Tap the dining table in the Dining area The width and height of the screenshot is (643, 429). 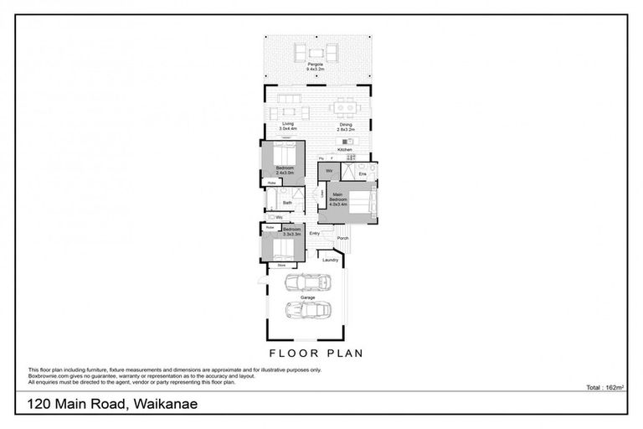(x=346, y=107)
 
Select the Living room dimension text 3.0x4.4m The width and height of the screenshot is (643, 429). (x=288, y=131)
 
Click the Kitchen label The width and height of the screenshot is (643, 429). (x=345, y=150)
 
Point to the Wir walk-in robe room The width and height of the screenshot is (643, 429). (x=329, y=170)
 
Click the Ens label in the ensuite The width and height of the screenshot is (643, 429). (x=363, y=173)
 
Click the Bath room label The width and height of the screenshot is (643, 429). (x=287, y=202)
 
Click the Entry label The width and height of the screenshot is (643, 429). (x=315, y=233)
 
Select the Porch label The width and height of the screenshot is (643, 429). (x=342, y=238)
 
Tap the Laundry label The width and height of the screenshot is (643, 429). (x=330, y=260)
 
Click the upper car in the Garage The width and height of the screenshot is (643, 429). (x=305, y=281)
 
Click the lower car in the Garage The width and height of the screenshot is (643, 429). (x=307, y=311)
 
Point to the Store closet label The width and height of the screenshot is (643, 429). (x=270, y=266)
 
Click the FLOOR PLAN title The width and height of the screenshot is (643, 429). (x=316, y=353)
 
